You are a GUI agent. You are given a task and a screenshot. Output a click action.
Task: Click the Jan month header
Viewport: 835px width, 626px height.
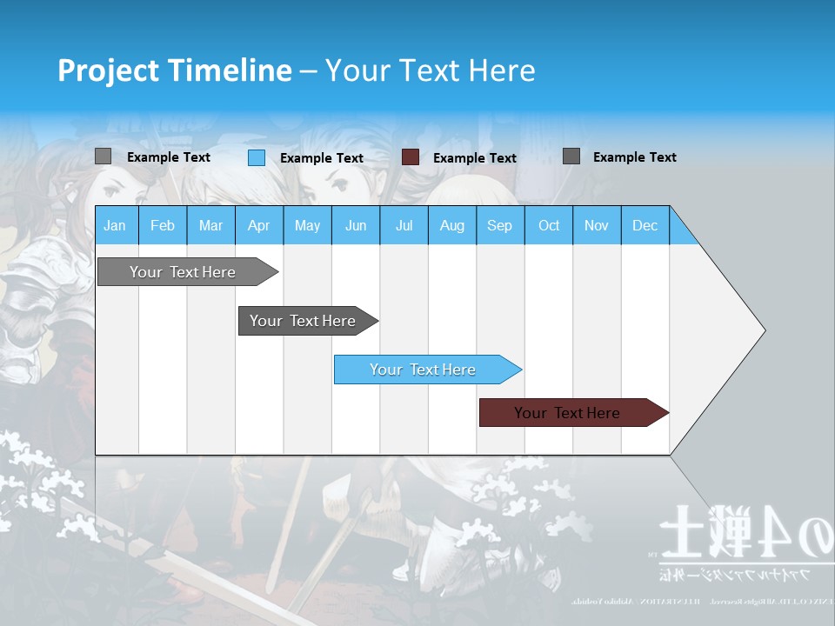115,225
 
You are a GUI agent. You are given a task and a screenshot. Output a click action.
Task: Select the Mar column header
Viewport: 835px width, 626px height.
210,225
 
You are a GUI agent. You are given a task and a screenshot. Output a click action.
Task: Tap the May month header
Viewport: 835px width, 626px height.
307,225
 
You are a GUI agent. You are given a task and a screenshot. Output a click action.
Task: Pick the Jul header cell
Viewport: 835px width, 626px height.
404,225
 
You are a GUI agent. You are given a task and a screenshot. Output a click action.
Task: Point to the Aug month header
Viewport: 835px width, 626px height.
451,225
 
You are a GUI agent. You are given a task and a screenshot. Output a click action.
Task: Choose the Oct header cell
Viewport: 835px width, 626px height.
548,225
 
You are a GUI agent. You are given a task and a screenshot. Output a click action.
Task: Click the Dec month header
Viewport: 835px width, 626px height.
645,225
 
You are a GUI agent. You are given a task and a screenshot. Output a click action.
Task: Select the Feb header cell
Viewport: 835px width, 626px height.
163,225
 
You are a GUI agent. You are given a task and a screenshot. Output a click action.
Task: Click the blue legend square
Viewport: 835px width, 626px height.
257,157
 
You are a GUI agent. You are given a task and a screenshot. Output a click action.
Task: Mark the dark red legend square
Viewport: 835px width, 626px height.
411,157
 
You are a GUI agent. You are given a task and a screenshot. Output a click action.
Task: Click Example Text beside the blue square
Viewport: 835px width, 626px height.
321,158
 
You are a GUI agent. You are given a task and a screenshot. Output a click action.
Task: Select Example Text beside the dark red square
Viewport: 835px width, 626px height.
474,158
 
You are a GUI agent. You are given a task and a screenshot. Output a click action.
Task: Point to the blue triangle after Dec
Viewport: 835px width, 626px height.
681,230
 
